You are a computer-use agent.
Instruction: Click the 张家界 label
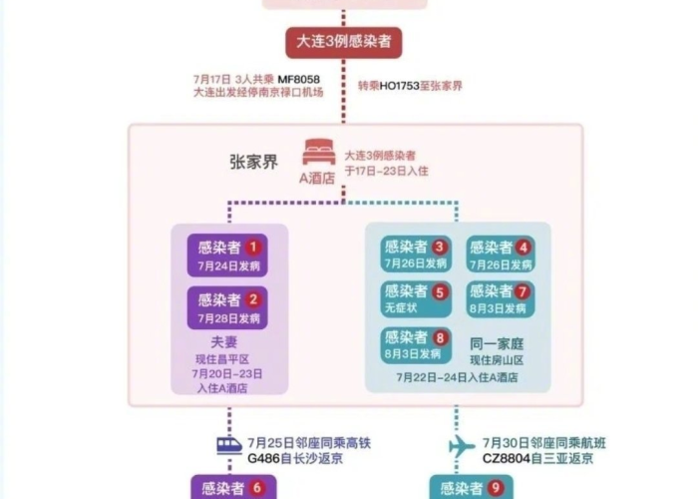[253, 161]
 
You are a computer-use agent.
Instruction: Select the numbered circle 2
[253, 299]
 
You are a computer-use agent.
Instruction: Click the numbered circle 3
[440, 247]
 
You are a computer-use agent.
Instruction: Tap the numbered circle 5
[440, 290]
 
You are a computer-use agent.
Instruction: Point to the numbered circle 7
[523, 290]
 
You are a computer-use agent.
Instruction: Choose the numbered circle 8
[440, 336]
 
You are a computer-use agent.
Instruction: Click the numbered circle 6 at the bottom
[258, 488]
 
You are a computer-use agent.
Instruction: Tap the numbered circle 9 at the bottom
[496, 488]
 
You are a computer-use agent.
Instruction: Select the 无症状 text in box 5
[401, 308]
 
